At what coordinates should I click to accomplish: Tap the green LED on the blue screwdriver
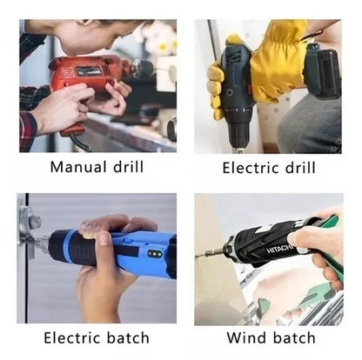point(159,254)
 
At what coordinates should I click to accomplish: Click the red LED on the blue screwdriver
point(150,254)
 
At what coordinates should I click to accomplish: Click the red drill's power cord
point(80,143)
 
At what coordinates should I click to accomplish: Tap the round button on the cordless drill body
point(230,93)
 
